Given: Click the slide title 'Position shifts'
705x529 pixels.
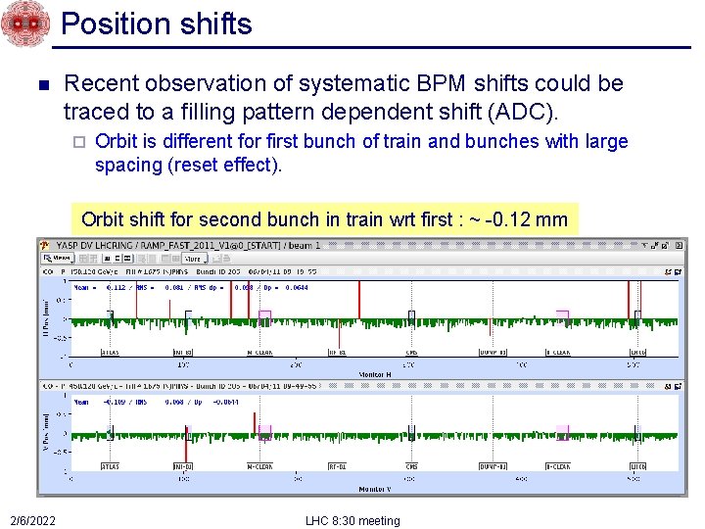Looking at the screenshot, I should (157, 24).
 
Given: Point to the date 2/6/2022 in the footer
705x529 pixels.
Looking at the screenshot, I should (33, 520).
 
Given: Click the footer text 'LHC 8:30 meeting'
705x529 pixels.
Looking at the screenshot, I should (352, 520).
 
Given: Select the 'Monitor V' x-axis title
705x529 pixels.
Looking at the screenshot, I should (375, 488).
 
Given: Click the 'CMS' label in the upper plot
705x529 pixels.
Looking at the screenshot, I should (411, 352).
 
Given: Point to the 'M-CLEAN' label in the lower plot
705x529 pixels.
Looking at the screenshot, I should (258, 466).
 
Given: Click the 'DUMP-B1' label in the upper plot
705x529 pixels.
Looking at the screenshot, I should (493, 352).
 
